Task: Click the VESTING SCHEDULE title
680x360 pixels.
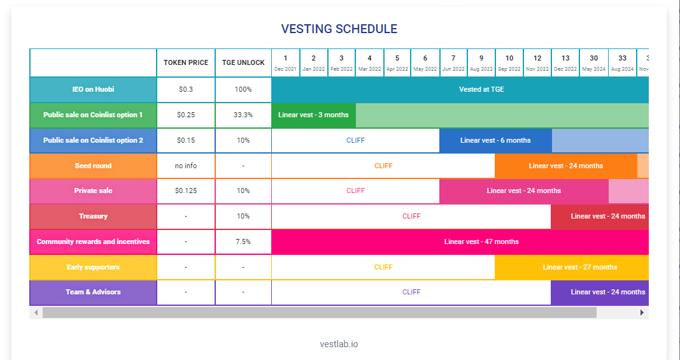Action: [339, 29]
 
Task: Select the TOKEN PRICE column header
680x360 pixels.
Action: [186, 63]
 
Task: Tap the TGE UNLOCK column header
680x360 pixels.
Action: [243, 63]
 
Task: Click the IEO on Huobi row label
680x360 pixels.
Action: [93, 90]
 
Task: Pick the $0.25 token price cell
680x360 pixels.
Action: [186, 115]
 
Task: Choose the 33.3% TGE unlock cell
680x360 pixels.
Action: [243, 115]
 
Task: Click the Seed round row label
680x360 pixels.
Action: [93, 166]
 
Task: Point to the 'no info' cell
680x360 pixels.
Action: [186, 166]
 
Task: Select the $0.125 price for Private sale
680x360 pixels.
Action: [186, 191]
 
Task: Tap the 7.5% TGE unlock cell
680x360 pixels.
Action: [243, 241]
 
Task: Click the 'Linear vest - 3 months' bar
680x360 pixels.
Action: [313, 115]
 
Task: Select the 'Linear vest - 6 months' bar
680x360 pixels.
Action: [495, 140]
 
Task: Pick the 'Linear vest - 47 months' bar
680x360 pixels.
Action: [481, 241]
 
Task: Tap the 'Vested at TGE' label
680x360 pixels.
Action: [481, 89]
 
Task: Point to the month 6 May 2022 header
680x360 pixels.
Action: [425, 62]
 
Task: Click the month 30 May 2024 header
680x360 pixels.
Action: [593, 62]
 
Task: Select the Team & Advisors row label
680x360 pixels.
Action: [93, 292]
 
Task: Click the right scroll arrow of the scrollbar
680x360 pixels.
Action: [642, 313]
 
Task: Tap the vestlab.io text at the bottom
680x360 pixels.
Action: [339, 344]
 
